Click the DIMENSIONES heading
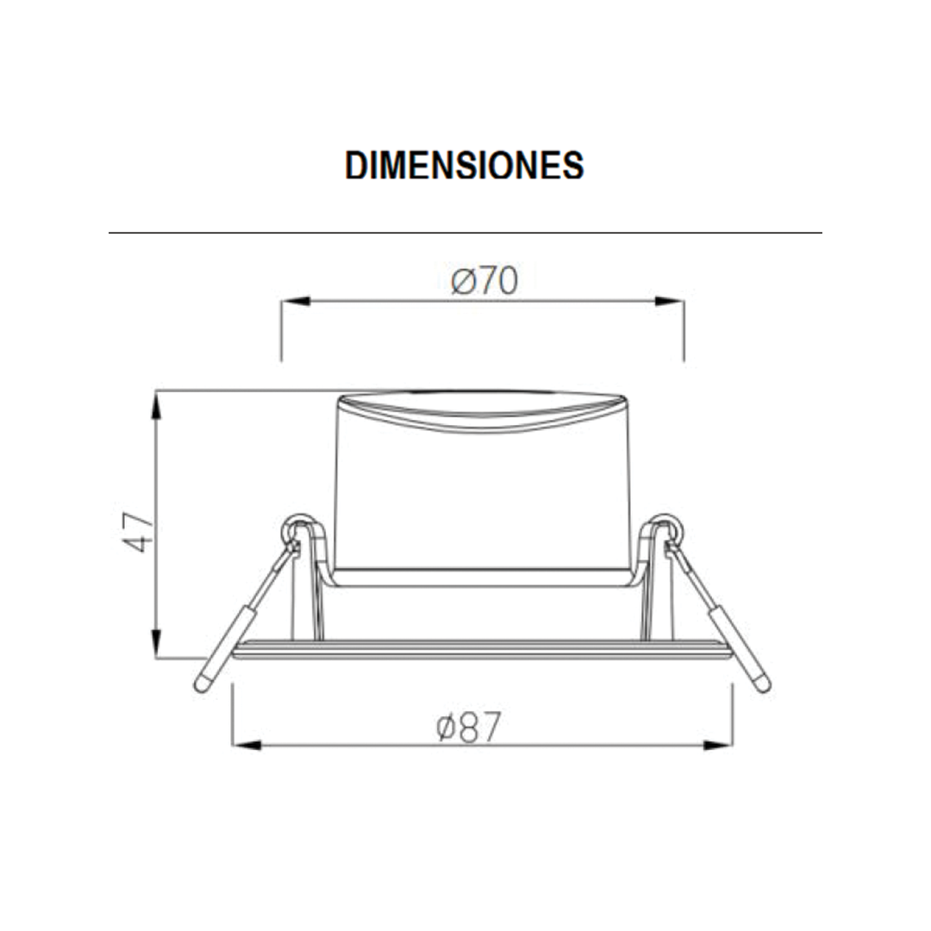[x=465, y=165]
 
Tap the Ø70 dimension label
[x=484, y=280]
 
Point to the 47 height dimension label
[x=138, y=532]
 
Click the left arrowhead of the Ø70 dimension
[x=296, y=301]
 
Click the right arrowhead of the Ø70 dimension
[x=669, y=301]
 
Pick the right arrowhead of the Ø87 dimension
[x=718, y=745]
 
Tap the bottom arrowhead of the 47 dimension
[x=156, y=643]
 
